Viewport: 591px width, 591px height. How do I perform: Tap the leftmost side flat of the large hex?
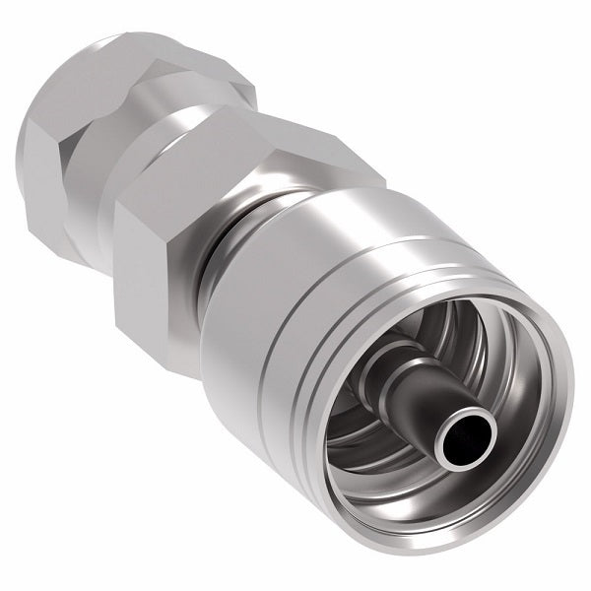pyautogui.click(x=138, y=256)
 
